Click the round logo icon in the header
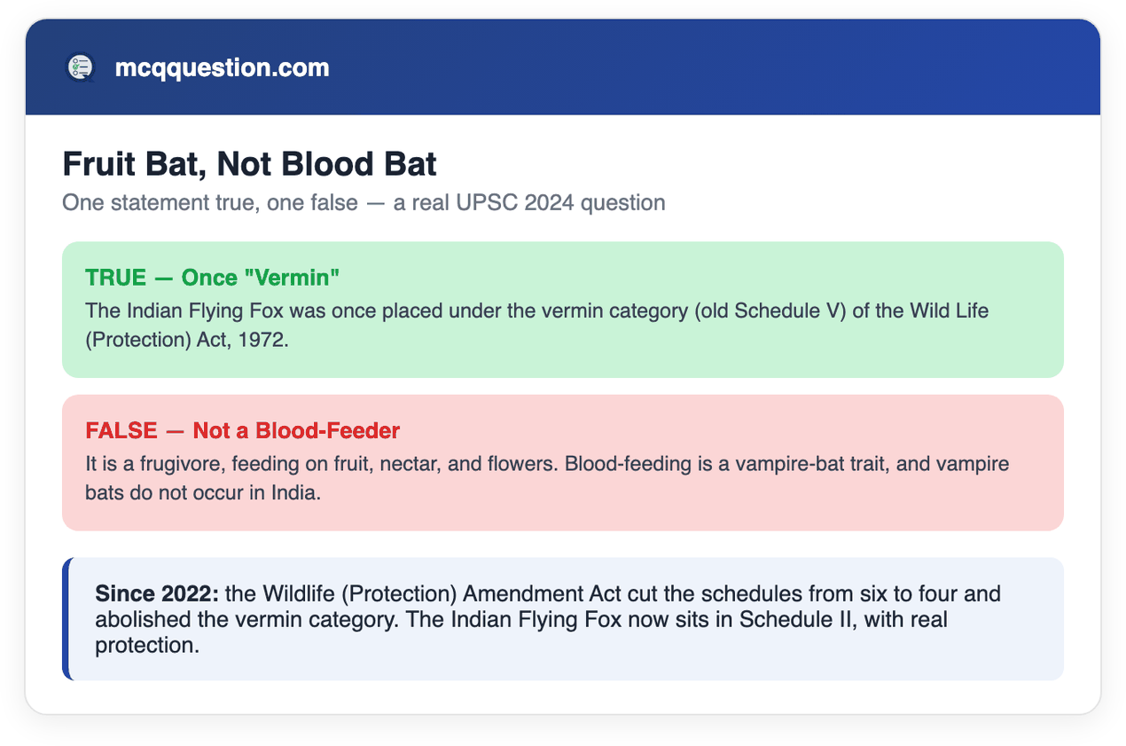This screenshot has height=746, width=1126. point(81,67)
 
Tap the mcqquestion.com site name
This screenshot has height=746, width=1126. point(223,67)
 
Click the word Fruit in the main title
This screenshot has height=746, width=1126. point(99,164)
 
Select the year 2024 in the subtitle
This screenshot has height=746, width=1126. point(549,203)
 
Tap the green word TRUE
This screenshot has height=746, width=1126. point(115,278)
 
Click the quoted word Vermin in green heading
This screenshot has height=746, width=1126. point(292,278)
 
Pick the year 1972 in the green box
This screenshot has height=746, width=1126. point(263,340)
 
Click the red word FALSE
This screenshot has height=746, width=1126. point(121,430)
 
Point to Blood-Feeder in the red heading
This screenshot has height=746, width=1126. point(328,430)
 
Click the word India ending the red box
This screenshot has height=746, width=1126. point(295,493)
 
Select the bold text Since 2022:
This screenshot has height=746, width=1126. point(157,594)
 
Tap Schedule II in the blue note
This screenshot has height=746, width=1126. point(798,620)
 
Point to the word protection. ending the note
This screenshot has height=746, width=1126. point(147,646)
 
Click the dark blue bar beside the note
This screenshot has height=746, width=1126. point(66,619)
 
